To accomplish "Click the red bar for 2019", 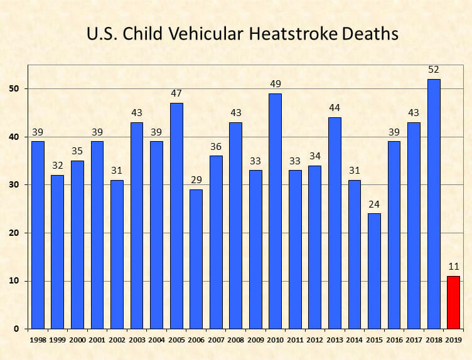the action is (453, 302).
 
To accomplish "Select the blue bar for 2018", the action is (434, 204).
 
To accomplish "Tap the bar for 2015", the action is (374, 271).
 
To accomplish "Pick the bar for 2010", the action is (275, 211).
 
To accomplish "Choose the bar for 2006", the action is (196, 259).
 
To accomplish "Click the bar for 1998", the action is (38, 235).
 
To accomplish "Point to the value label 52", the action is (434, 70).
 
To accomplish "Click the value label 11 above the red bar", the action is (454, 267).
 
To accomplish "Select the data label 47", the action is (176, 93).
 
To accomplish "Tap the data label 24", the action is (374, 204).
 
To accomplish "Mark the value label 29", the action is (196, 180).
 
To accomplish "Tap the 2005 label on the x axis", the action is (176, 340).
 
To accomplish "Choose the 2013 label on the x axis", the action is (335, 340).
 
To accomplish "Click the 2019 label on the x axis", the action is (453, 340).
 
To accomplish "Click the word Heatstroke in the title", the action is (293, 33).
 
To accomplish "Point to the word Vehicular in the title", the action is (205, 33).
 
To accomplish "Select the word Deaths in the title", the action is (370, 33).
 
